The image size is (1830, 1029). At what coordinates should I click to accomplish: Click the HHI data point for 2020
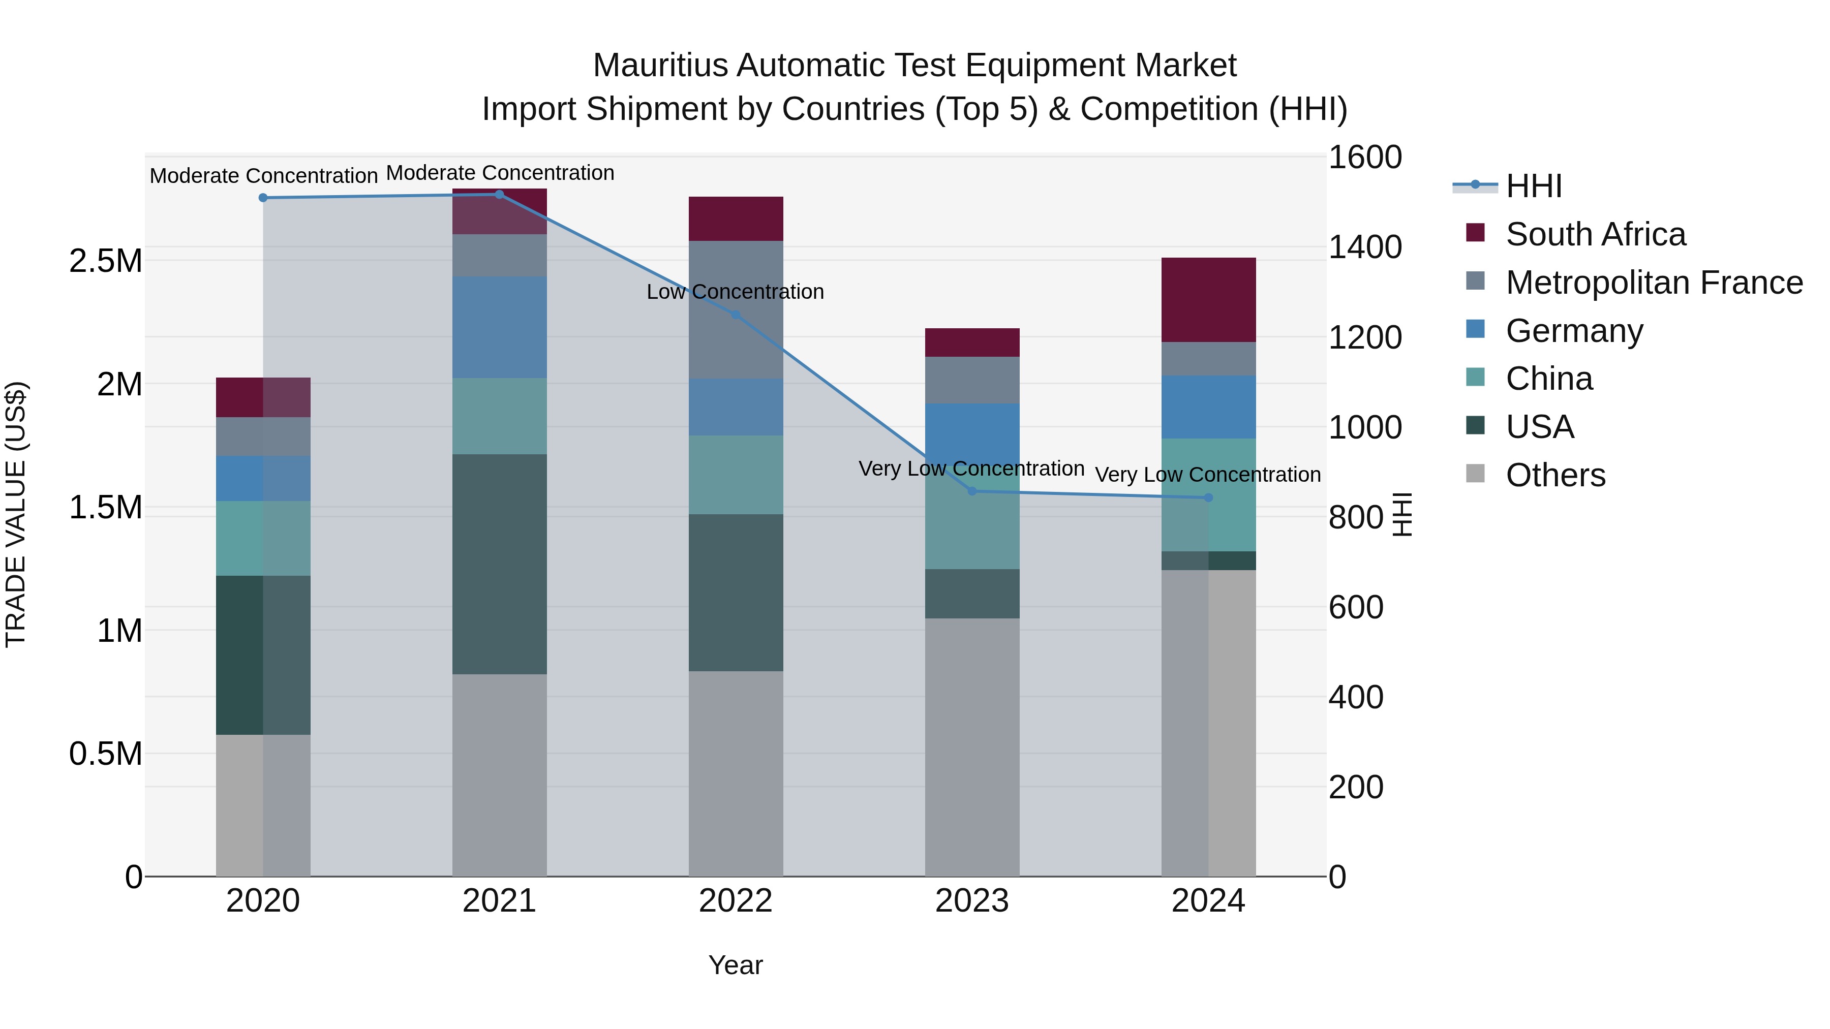coord(263,198)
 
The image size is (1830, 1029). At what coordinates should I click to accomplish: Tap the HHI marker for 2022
coord(735,315)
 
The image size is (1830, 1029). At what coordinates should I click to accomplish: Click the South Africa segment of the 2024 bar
coord(1208,300)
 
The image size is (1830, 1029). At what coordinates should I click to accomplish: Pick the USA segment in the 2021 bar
coord(499,564)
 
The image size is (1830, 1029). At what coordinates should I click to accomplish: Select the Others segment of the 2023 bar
coord(972,747)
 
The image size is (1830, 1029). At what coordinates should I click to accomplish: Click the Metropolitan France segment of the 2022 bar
coord(735,309)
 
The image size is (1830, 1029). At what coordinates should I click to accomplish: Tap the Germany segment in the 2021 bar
coord(499,327)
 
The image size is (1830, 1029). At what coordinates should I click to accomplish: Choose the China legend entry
coord(1549,379)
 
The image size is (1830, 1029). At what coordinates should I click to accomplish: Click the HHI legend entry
coord(1534,186)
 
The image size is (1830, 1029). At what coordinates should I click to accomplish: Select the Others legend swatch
coord(1475,475)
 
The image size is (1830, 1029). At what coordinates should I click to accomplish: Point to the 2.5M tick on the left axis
coord(106,261)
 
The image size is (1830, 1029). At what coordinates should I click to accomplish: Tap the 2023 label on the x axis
coord(972,901)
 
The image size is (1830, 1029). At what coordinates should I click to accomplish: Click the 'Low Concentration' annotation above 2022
coord(735,292)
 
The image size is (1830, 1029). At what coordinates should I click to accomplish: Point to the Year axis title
coord(735,965)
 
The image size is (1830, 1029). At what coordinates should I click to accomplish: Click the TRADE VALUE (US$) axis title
coord(16,514)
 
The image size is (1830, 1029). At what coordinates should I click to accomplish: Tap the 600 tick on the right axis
coord(1355,607)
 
